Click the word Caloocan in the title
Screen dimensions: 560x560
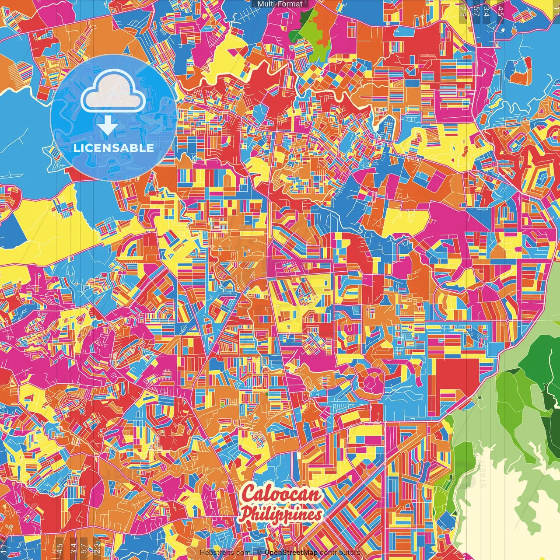tap(282, 494)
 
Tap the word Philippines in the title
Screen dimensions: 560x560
tap(282, 514)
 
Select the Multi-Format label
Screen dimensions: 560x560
tap(280, 4)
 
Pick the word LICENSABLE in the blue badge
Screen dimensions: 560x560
tap(113, 148)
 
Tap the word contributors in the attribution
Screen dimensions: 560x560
tap(340, 553)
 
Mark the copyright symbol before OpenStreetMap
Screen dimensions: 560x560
tap(259, 553)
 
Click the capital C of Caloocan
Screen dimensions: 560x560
tap(250, 493)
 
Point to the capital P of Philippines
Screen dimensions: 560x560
tap(248, 514)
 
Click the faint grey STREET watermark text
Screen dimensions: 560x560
tap(483, 472)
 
